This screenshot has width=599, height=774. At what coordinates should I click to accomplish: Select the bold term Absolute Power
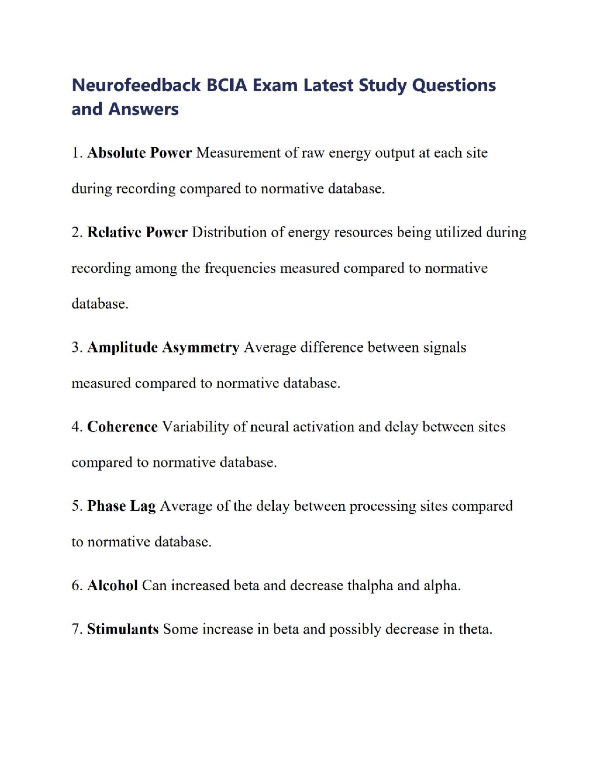[139, 153]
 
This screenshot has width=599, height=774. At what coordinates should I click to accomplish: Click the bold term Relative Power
[138, 232]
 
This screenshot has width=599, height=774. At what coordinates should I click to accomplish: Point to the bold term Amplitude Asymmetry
[163, 347]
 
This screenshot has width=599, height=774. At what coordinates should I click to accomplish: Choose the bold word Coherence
[123, 427]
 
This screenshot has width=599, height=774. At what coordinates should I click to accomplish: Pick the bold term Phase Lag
[121, 506]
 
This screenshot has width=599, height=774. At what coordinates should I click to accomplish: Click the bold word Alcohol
[112, 585]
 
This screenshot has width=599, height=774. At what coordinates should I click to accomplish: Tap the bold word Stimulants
[123, 629]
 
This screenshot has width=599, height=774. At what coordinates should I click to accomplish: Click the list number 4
[76, 427]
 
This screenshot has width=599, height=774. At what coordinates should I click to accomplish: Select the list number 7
[76, 629]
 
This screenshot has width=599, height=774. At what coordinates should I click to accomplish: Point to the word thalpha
[370, 585]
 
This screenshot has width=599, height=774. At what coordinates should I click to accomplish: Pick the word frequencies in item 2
[240, 268]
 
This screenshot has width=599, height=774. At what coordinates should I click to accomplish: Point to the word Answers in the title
[143, 109]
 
